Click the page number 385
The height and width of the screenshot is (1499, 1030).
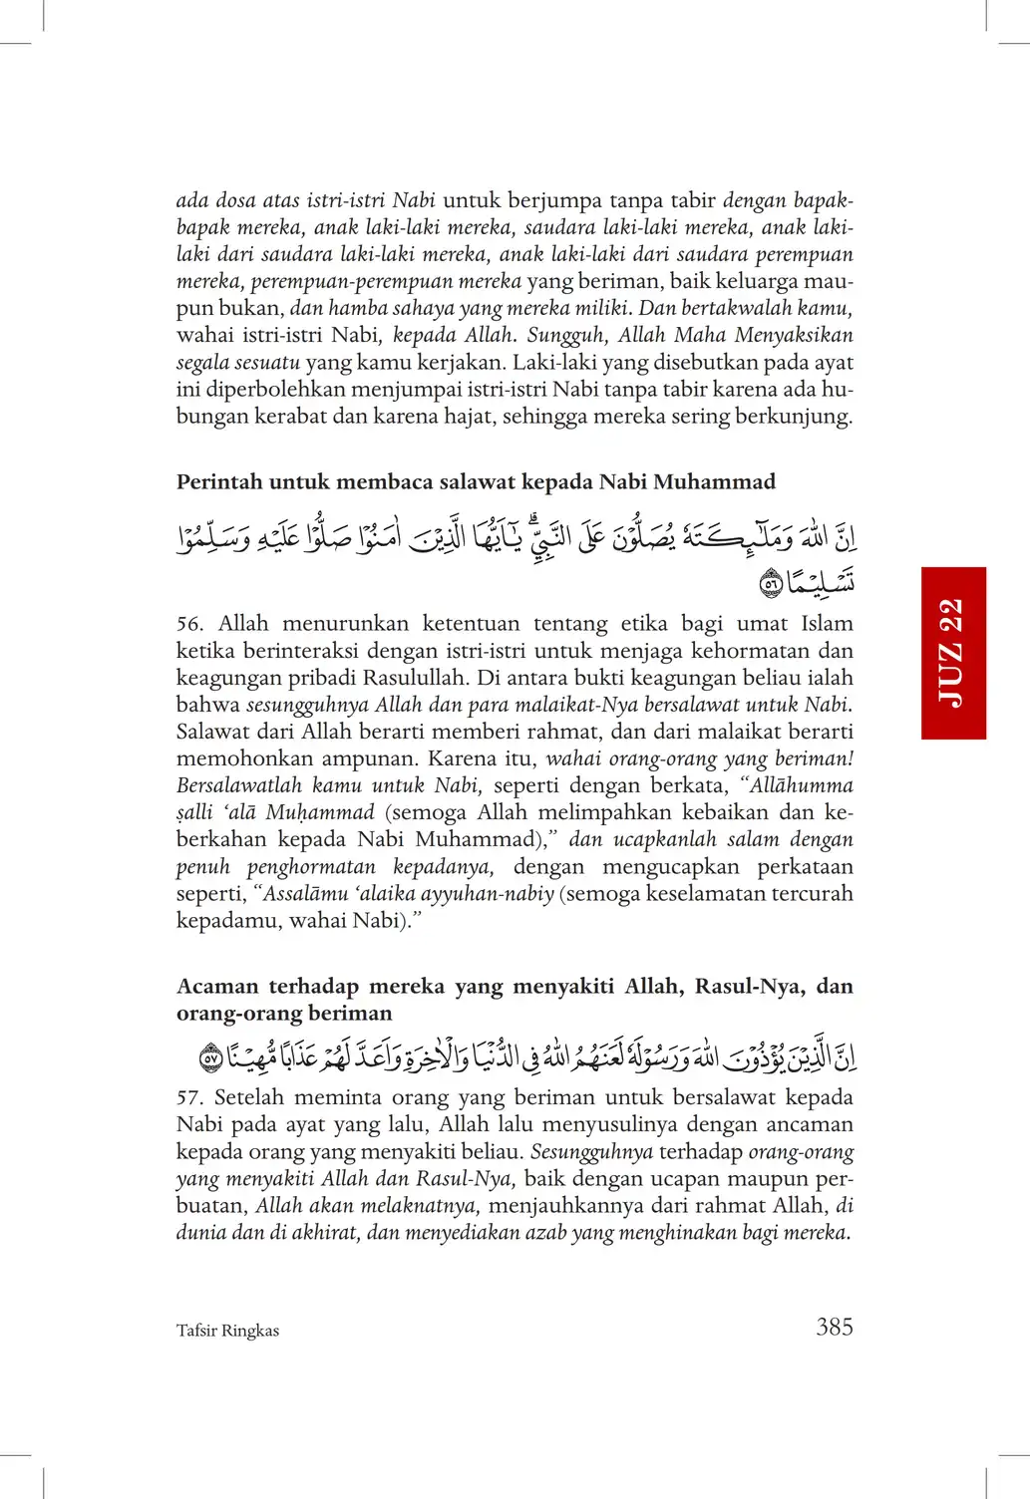(x=834, y=1327)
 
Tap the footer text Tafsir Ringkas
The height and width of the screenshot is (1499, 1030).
(x=227, y=1331)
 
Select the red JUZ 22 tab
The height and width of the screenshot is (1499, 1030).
(x=953, y=653)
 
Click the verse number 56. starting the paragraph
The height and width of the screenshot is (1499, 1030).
(x=190, y=624)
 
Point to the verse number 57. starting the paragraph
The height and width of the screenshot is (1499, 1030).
(x=189, y=1097)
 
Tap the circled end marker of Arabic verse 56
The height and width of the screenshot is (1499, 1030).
(x=771, y=584)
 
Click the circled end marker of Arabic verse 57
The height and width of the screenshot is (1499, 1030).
(x=210, y=1057)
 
